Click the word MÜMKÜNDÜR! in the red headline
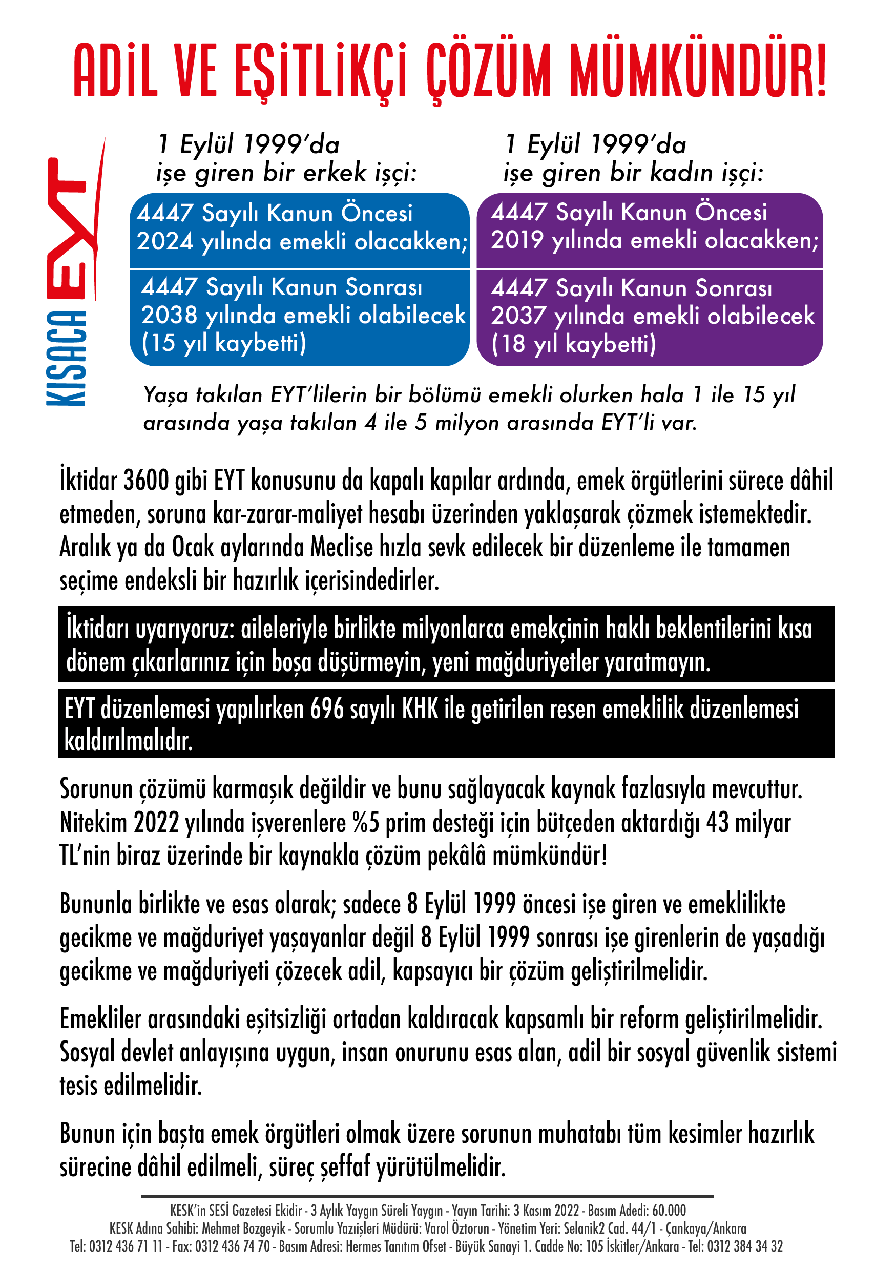(x=697, y=71)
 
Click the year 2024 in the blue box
(x=164, y=242)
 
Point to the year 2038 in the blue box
(x=169, y=316)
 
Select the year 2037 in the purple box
(x=518, y=316)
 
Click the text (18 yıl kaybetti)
(x=573, y=344)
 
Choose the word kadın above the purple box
(x=681, y=173)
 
